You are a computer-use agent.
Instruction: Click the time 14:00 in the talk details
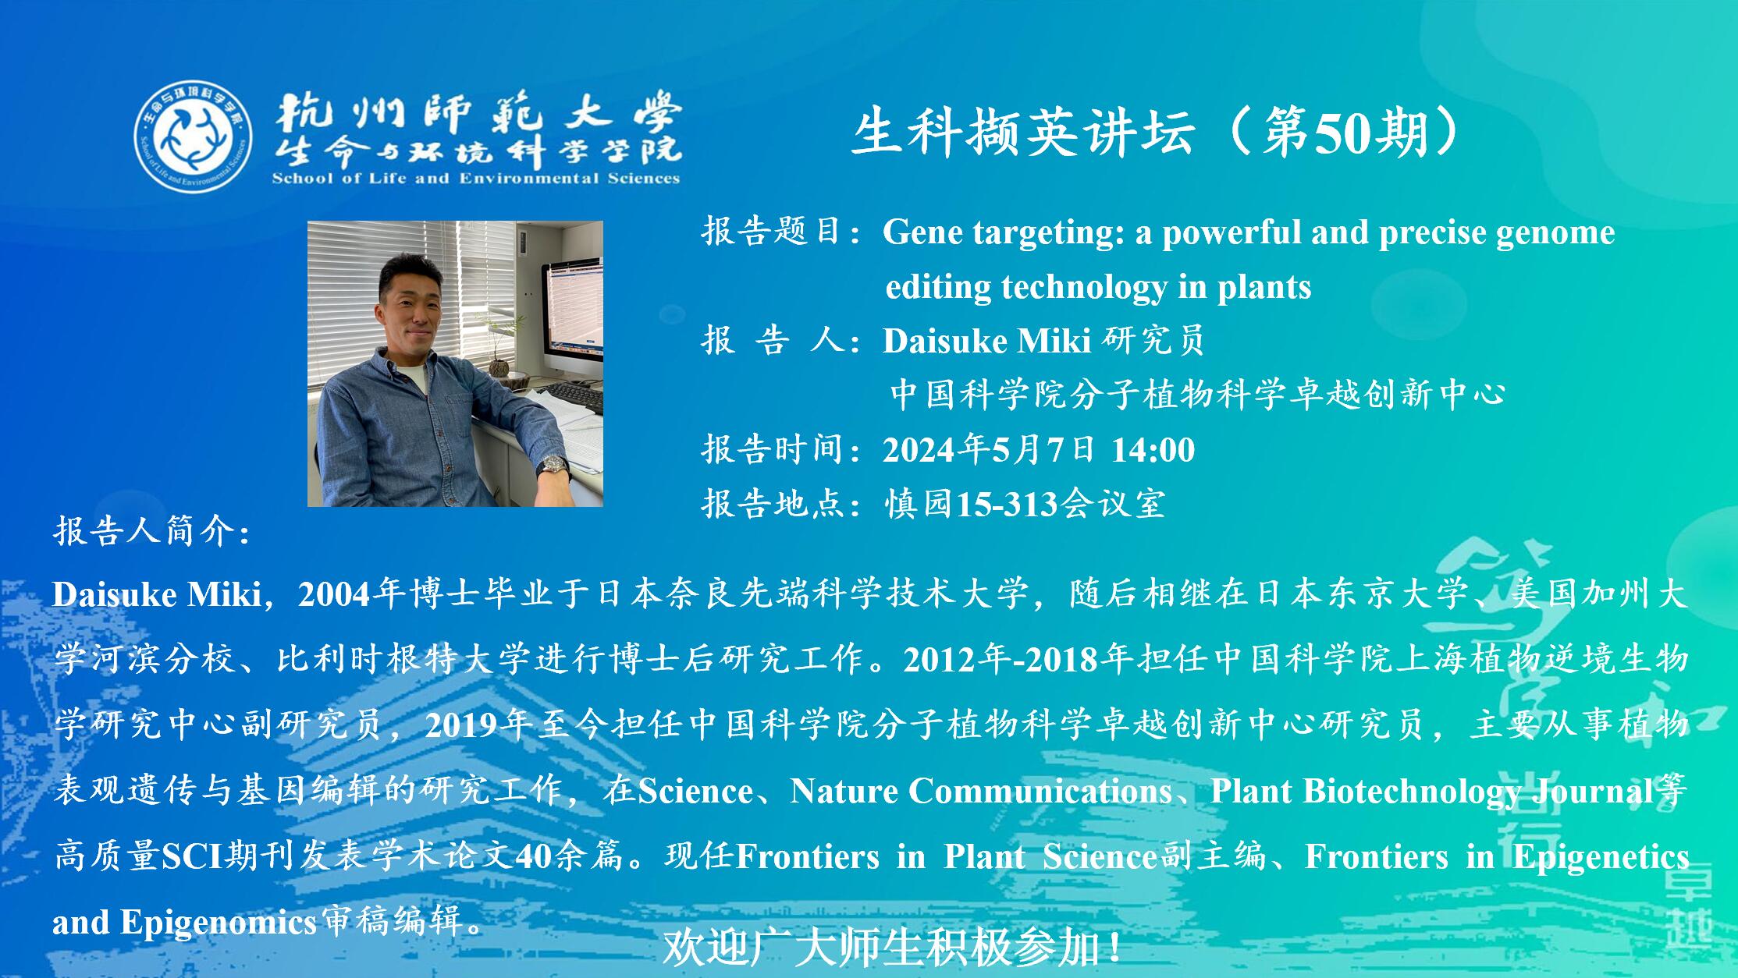(x=1153, y=450)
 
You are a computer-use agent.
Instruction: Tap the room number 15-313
(x=1007, y=505)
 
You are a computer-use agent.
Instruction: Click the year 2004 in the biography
(x=333, y=594)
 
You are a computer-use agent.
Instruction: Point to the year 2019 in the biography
(x=460, y=725)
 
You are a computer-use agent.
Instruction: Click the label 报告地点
(x=773, y=504)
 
